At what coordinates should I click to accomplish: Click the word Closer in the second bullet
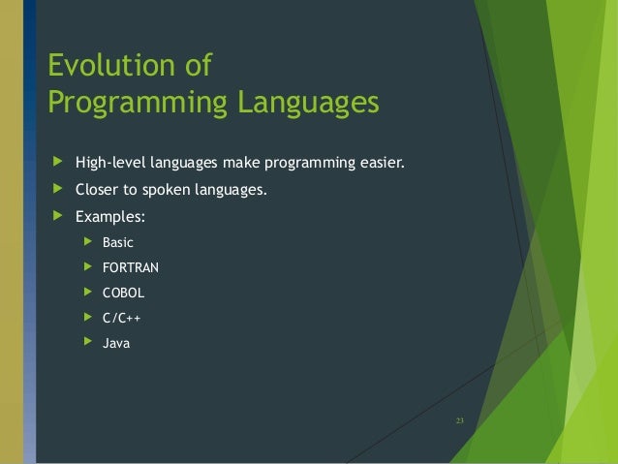pos(99,190)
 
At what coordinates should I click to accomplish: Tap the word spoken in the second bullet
pos(170,190)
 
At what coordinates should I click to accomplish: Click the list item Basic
pos(118,242)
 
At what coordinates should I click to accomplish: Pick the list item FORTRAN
pos(131,267)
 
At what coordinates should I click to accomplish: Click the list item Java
pos(116,343)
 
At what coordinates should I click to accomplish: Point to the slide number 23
pos(459,420)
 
